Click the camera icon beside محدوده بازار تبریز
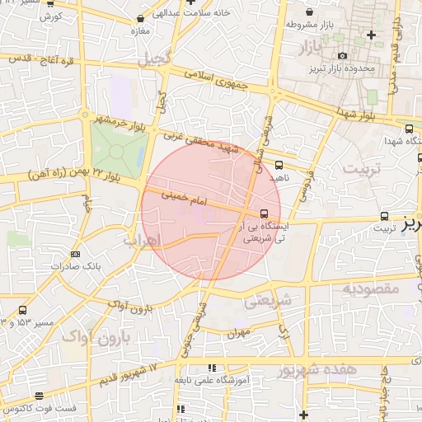[342, 55]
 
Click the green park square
[119, 151]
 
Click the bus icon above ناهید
[279, 164]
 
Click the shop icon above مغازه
[143, 18]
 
